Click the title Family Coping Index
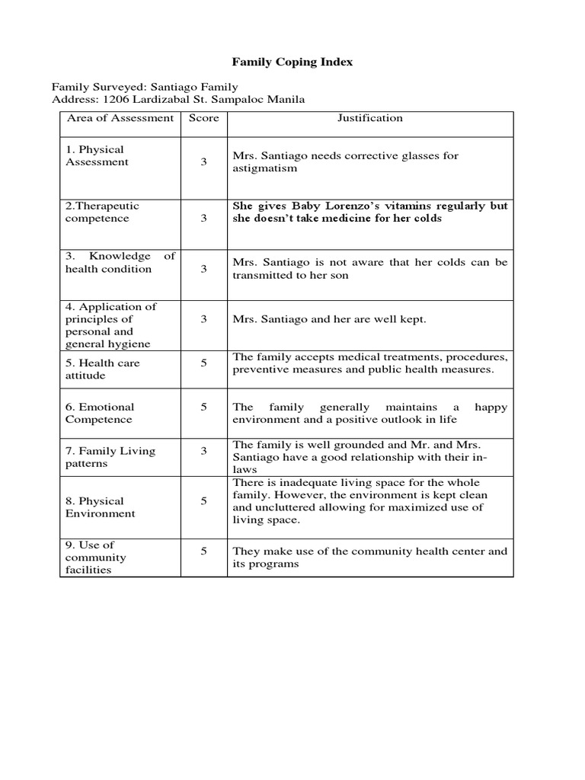[x=292, y=62]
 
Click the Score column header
[x=203, y=118]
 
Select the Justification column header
[x=370, y=118]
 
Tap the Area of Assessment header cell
[x=120, y=118]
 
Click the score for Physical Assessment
[x=203, y=162]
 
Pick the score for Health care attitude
[x=203, y=363]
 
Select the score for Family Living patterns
[x=203, y=452]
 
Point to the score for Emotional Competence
[x=203, y=408]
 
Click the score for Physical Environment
[x=203, y=501]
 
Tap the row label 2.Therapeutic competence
[x=102, y=213]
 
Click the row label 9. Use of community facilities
[x=95, y=558]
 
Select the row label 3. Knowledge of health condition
[x=120, y=263]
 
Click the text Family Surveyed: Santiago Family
[x=144, y=87]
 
